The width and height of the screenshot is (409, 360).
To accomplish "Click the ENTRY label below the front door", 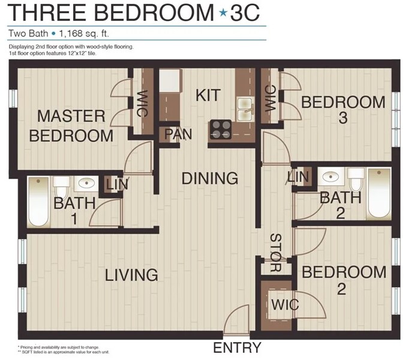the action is [237, 348].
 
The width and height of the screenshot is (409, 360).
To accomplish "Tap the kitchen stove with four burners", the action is [221, 129].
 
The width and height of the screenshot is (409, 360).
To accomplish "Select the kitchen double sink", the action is [245, 109].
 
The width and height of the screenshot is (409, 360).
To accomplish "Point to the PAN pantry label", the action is [178, 134].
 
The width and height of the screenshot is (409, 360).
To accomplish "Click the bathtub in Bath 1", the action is [38, 202].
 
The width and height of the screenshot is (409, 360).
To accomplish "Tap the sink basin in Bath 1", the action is [86, 183].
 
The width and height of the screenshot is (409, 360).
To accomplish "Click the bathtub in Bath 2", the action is [379, 194].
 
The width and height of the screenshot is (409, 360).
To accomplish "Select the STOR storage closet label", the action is [276, 253].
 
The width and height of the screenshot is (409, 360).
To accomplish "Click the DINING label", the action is [210, 178].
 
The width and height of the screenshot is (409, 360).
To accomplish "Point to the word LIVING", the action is [131, 275].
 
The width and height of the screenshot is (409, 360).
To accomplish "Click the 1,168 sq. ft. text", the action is [84, 34].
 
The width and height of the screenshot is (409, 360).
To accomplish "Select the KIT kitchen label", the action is [208, 95].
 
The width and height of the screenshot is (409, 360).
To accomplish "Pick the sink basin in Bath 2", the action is [330, 177].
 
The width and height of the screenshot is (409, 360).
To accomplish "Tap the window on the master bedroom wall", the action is [13, 98].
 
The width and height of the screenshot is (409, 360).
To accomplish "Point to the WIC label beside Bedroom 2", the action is [285, 305].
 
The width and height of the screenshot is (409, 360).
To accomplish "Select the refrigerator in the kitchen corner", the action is [170, 80].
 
